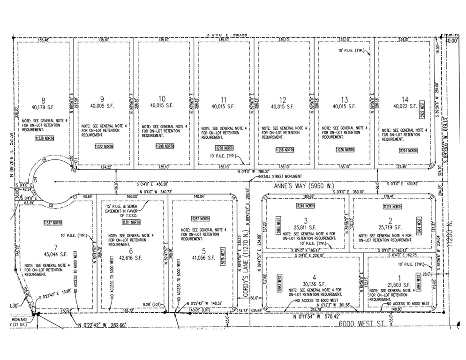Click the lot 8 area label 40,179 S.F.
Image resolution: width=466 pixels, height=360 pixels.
[x=45, y=106]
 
